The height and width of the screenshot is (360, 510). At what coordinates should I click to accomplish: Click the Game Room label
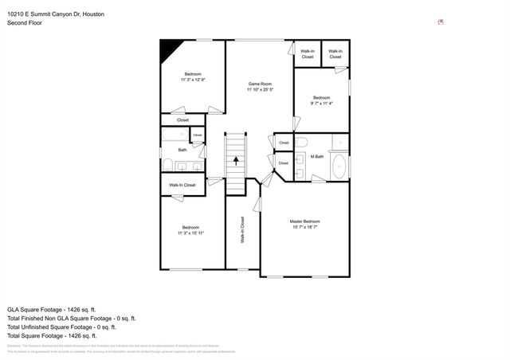click(x=261, y=84)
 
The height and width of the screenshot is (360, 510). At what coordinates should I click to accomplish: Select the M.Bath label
click(x=316, y=156)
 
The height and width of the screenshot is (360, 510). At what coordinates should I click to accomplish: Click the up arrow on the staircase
click(x=236, y=159)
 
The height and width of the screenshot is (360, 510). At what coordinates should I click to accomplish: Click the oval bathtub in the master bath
click(x=339, y=167)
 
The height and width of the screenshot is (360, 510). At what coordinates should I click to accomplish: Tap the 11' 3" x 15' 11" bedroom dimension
click(x=192, y=233)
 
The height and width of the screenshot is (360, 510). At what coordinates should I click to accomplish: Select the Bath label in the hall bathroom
click(x=182, y=150)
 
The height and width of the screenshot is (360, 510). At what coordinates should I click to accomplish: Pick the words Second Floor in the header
click(x=25, y=23)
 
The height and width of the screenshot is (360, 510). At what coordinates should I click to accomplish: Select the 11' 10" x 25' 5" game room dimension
click(x=261, y=90)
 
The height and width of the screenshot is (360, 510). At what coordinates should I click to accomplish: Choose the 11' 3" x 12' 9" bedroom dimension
click(x=192, y=80)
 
